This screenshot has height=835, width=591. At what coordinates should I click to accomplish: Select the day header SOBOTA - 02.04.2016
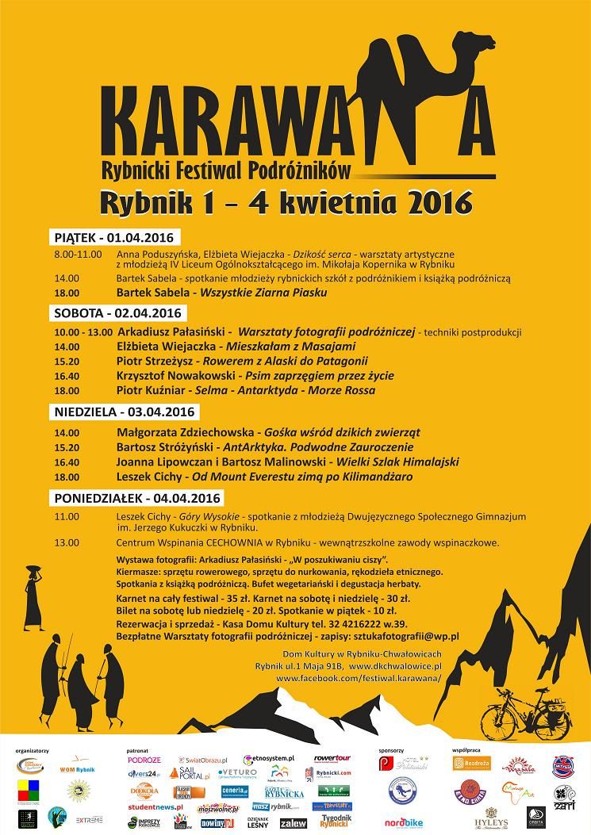[x=118, y=312]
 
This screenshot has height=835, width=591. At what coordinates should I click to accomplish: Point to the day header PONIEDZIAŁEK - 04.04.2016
[x=134, y=497]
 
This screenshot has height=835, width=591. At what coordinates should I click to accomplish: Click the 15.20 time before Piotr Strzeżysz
[x=67, y=361]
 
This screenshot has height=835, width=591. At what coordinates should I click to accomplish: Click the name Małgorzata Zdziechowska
[x=186, y=432]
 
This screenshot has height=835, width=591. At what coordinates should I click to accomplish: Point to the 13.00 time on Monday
[x=67, y=543]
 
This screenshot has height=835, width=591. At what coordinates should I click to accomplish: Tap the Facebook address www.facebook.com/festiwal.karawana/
[x=358, y=679]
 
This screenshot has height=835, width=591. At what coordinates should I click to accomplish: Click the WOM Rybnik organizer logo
[x=75, y=767]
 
